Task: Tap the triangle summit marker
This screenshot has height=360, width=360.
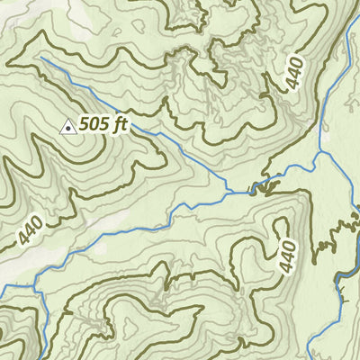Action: click(67, 129)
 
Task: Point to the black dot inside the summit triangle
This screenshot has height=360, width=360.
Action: click(67, 130)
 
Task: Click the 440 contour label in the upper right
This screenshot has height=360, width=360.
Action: click(296, 72)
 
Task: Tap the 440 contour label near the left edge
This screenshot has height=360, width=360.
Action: click(30, 231)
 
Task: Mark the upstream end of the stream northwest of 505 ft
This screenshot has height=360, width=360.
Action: click(40, 58)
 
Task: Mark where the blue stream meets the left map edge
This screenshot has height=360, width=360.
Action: click(2, 288)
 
